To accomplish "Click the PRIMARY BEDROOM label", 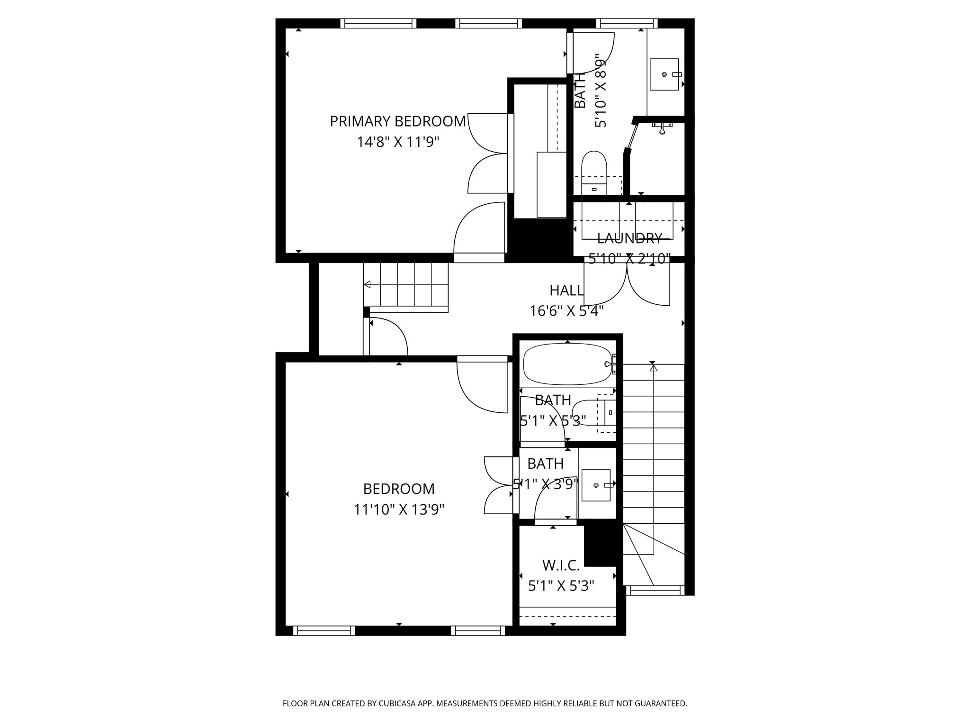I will coord(398,121).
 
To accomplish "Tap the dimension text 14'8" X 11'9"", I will coord(398,142).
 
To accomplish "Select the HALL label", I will coord(566,290).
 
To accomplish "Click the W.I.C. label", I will coord(561,565).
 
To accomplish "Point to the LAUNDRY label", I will coord(629,238).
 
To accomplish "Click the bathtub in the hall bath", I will coord(567,364).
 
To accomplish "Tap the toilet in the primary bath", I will coord(594,171).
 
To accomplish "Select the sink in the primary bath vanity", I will coord(664,74).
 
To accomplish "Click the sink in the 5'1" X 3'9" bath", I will coord(596,485).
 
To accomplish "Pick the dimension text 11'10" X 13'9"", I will coord(399,510).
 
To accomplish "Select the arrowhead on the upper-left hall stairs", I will coord(367,284).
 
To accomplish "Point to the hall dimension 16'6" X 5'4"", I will coord(566,311).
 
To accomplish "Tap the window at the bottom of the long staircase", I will coord(655,590).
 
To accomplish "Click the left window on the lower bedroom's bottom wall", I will coord(324,630).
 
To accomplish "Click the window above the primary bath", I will coord(626,23).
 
